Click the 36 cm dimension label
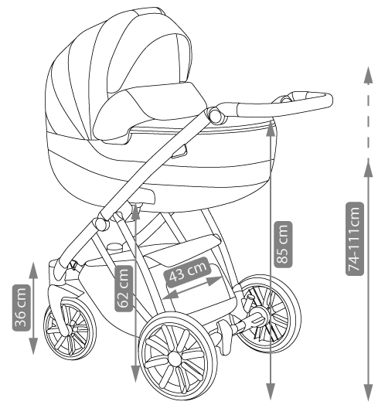click(x=21, y=308)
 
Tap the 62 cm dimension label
click(x=124, y=288)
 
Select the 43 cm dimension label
click(x=187, y=272)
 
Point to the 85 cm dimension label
click(x=284, y=244)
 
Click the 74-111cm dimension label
click(x=355, y=239)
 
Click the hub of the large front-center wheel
click(x=175, y=359)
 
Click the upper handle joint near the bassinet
click(x=215, y=115)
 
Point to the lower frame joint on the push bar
click(x=101, y=224)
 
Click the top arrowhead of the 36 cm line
click(x=33, y=270)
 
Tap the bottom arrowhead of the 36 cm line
click(x=33, y=346)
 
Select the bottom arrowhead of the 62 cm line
click(x=135, y=374)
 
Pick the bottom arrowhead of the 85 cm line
click(x=271, y=391)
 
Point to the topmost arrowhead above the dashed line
click(x=368, y=76)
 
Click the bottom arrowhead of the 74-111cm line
click(x=368, y=392)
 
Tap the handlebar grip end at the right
click(x=329, y=100)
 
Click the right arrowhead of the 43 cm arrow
click(x=214, y=281)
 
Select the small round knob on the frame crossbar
click(x=115, y=247)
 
